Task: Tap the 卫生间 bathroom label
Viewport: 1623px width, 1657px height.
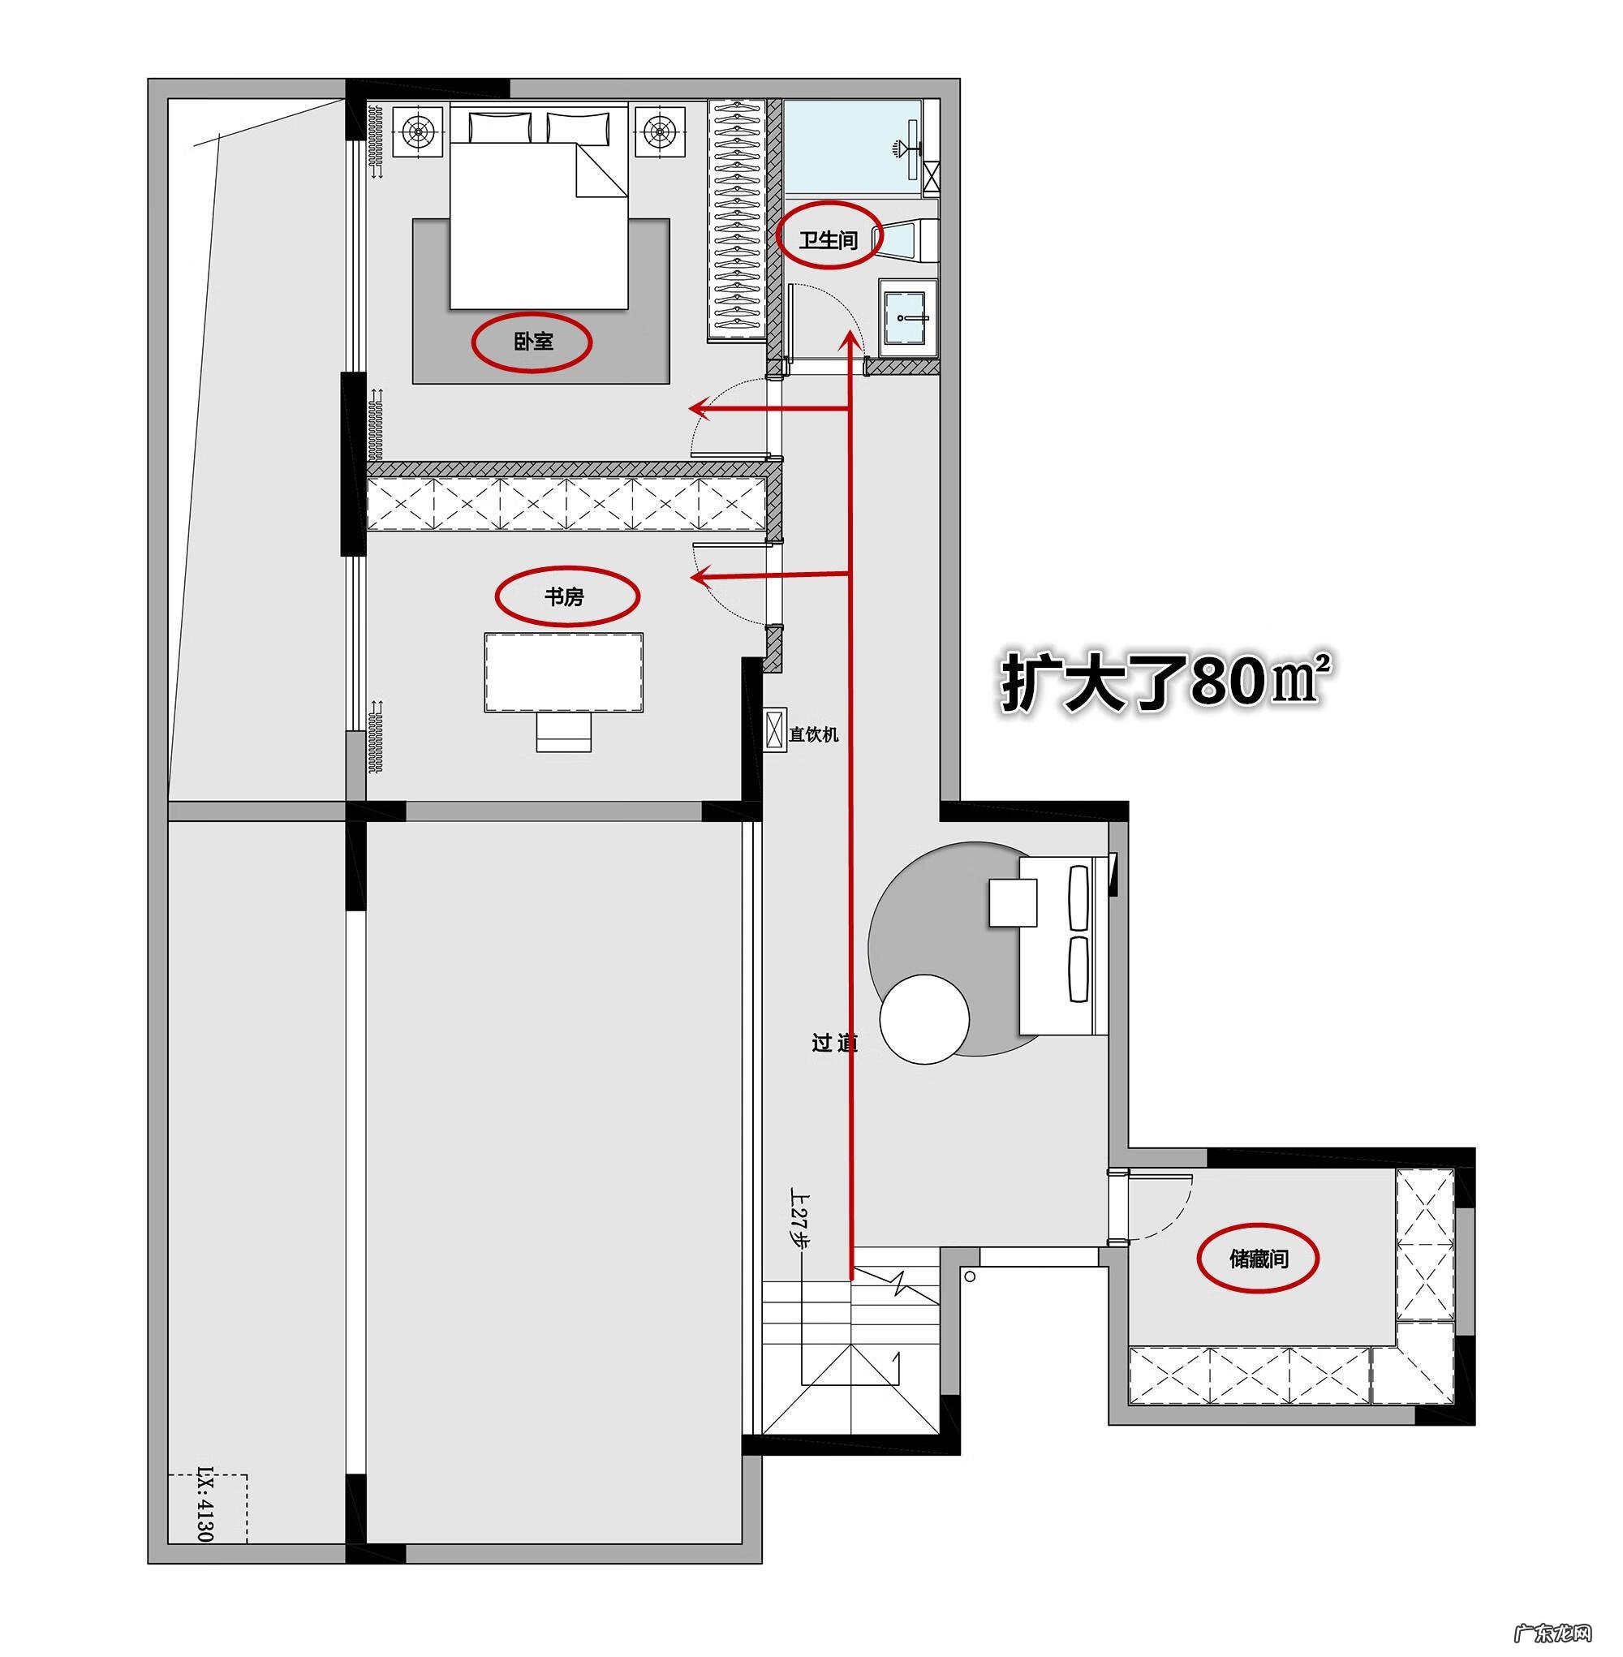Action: pyautogui.click(x=828, y=239)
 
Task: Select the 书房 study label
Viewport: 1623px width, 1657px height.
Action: pyautogui.click(x=564, y=596)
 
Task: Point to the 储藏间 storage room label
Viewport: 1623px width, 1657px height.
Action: pyautogui.click(x=1258, y=1258)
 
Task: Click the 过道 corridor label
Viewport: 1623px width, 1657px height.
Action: pyautogui.click(x=833, y=1044)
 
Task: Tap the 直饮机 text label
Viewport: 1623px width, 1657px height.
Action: pyautogui.click(x=813, y=734)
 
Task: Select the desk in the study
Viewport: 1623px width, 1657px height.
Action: pyautogui.click(x=564, y=672)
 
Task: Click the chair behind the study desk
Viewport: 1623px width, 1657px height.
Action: pyautogui.click(x=563, y=732)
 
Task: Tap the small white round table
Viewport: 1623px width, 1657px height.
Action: pyautogui.click(x=924, y=1019)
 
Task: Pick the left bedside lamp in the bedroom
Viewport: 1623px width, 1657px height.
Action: pyautogui.click(x=418, y=132)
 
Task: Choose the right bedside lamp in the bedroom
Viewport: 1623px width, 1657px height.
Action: pyautogui.click(x=660, y=132)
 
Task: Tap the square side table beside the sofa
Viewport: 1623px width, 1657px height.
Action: pyautogui.click(x=1013, y=902)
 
